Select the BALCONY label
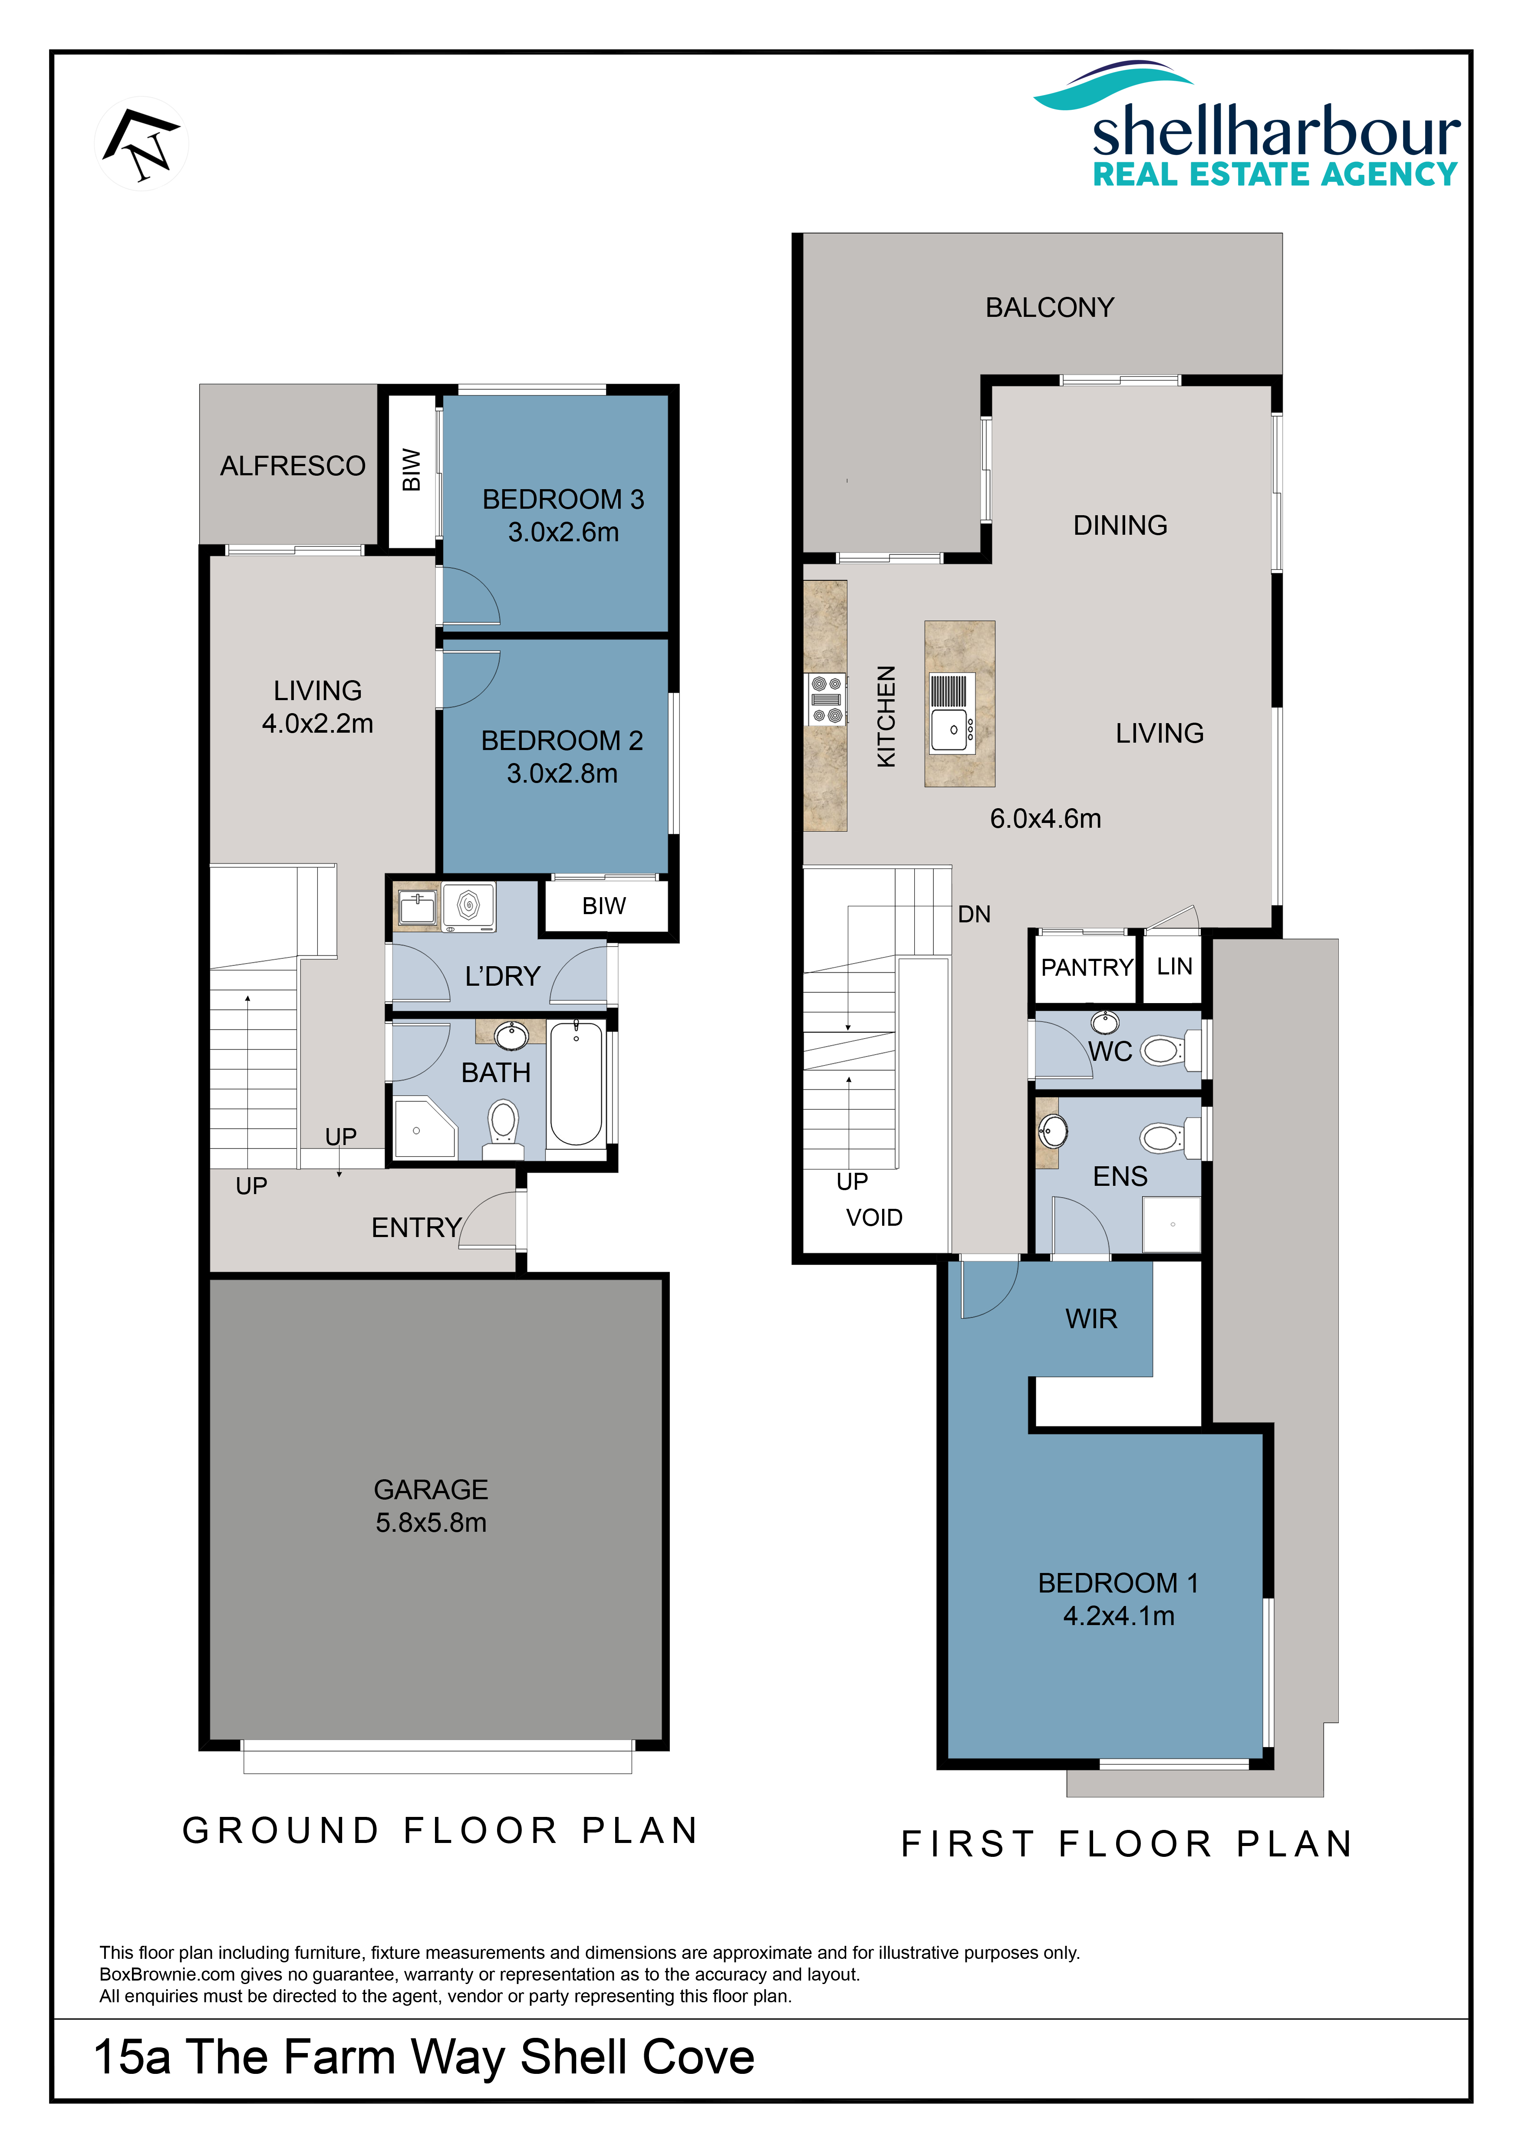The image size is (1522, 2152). pyautogui.click(x=1050, y=307)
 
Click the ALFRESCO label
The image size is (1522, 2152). pyautogui.click(x=293, y=466)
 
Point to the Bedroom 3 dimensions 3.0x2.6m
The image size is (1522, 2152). pyautogui.click(x=563, y=533)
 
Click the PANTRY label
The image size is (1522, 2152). pyautogui.click(x=1087, y=967)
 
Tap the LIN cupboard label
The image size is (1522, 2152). pyautogui.click(x=1174, y=966)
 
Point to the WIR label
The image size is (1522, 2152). pyautogui.click(x=1092, y=1319)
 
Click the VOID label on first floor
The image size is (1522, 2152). pyautogui.click(x=874, y=1217)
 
